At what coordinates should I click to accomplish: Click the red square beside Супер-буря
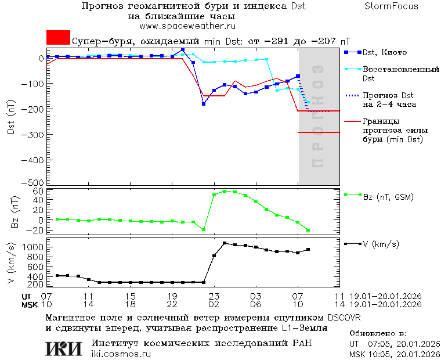[x=58, y=38]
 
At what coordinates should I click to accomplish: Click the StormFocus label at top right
[x=391, y=6]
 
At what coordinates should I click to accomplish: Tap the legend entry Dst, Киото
[x=384, y=53]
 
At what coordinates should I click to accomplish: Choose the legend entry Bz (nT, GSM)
[x=388, y=197]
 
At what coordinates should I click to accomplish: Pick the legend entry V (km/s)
[x=380, y=244]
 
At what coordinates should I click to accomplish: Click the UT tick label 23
[x=214, y=296]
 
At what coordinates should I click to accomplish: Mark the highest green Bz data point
[x=225, y=191]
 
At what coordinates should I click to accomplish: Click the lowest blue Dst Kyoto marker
[x=204, y=104]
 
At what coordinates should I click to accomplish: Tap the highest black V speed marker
[x=225, y=243]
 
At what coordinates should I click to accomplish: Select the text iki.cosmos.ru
[x=121, y=354]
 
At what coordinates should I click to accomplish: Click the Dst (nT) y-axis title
[x=11, y=120]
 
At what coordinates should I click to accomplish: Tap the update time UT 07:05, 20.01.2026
[x=394, y=344]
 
